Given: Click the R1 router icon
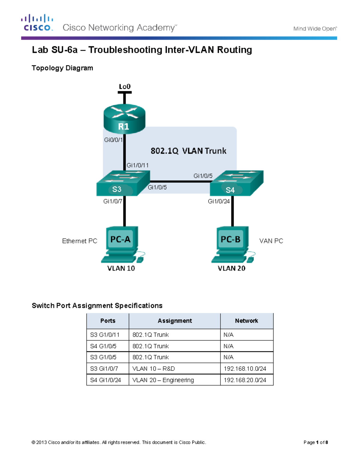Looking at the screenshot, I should [124, 119].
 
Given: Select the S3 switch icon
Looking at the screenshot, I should [123, 183].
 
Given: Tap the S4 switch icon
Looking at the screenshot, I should [236, 183].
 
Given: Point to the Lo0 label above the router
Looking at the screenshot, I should [124, 87].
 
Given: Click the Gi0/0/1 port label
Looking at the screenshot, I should [113, 140].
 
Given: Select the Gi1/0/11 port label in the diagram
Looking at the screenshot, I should [137, 165].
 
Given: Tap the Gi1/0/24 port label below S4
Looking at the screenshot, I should [218, 201].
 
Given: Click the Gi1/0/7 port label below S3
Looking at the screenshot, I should [112, 201].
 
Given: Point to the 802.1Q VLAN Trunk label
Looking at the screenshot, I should [188, 151].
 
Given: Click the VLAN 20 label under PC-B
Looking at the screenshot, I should [231, 268].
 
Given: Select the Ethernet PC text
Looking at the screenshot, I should [79, 241].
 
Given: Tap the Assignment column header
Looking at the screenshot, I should [175, 321].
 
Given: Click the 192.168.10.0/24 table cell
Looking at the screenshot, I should [245, 368].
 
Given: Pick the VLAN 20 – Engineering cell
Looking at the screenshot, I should [163, 380].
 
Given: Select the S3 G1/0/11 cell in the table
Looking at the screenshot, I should [105, 335].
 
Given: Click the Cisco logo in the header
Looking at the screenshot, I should [37, 23].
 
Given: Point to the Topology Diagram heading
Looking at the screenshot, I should [62, 68].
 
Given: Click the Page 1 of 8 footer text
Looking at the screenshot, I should [316, 442].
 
